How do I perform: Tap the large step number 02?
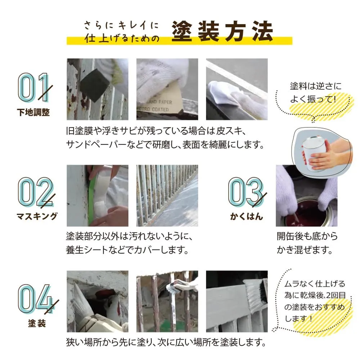(36, 192)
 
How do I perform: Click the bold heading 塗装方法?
(222, 31)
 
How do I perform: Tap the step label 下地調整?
(33, 112)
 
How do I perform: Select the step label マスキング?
(37, 216)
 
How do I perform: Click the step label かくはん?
(246, 216)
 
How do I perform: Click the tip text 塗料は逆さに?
(316, 86)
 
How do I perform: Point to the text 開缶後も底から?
(307, 236)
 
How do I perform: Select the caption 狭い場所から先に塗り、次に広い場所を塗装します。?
(166, 342)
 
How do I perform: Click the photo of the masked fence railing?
(167, 195)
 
